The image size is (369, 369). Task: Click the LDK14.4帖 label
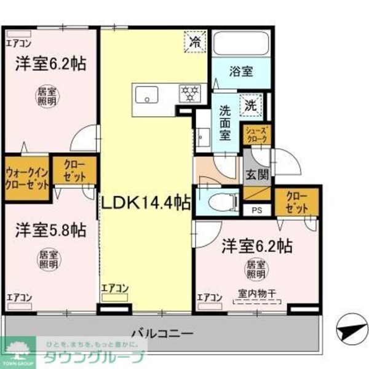145,202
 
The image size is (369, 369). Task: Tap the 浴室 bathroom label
240,71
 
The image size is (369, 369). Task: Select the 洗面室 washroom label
226,124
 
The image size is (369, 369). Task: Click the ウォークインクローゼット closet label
26,178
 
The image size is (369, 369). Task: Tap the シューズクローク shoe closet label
256,135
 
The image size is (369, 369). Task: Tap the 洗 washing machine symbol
252,104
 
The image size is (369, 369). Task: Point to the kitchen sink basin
146,95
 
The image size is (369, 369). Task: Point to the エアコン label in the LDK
114,287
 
